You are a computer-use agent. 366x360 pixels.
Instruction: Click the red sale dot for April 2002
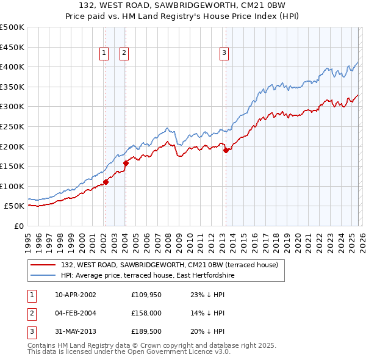(106, 181)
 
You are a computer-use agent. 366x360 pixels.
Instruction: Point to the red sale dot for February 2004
(126, 163)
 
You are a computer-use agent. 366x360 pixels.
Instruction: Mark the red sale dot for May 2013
(226, 150)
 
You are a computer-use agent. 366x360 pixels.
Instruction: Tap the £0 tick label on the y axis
(18, 226)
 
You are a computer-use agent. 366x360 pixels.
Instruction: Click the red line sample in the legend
(44, 265)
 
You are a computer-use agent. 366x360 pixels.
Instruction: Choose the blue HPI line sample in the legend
(44, 276)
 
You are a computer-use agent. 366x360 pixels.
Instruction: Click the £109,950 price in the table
(146, 295)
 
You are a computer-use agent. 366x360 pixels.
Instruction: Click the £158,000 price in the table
(146, 313)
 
